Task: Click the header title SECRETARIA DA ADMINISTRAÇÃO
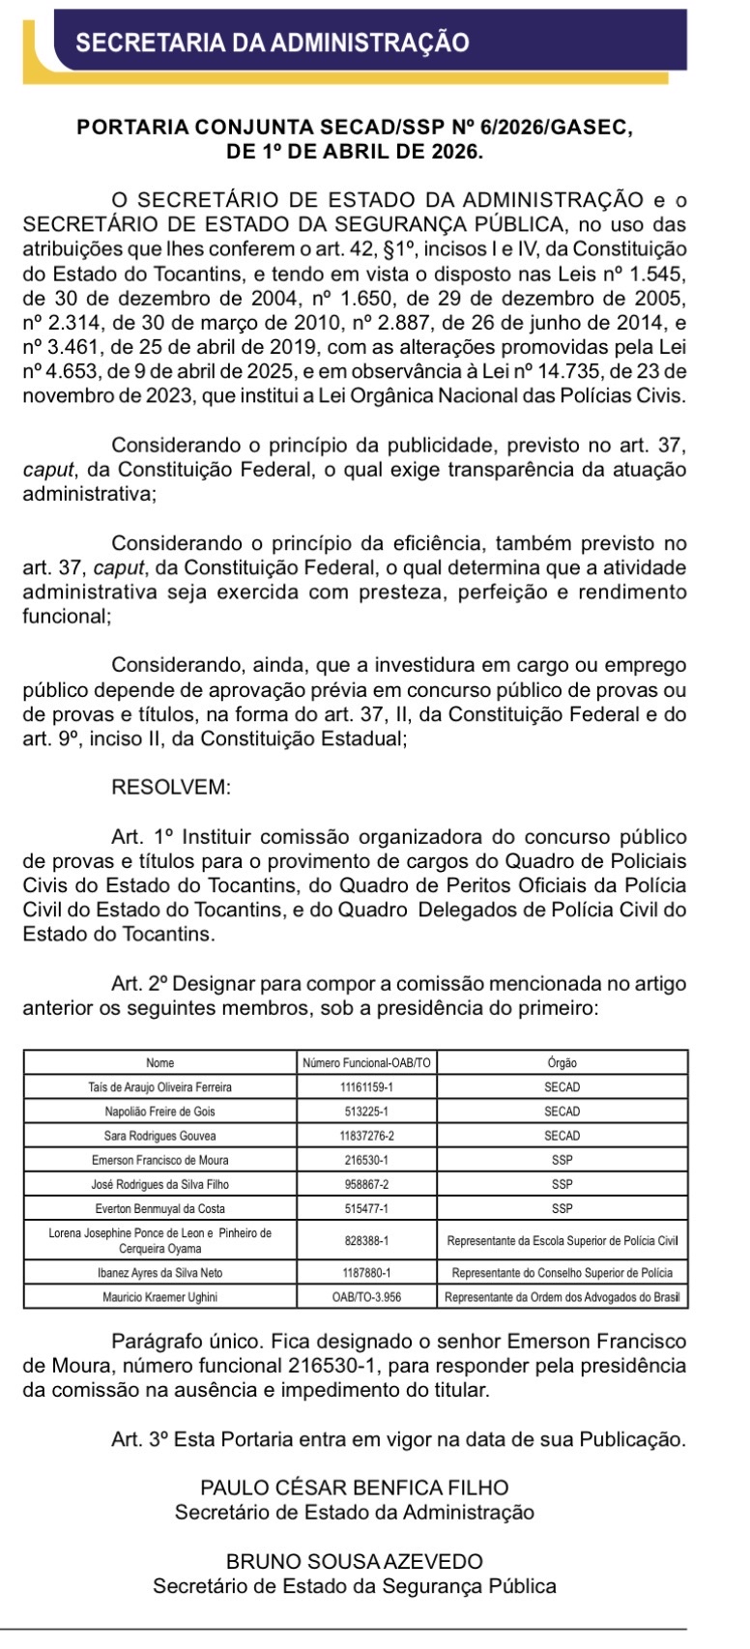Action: click(x=272, y=43)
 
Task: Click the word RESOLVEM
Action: click(x=171, y=788)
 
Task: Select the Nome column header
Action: click(x=160, y=1063)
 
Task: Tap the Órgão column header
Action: click(x=562, y=1063)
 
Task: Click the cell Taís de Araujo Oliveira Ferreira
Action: click(x=160, y=1087)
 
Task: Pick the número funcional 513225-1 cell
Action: click(x=366, y=1112)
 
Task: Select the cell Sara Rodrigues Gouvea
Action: click(x=160, y=1136)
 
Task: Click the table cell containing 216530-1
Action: click(x=366, y=1160)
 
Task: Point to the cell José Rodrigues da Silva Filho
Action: click(x=160, y=1184)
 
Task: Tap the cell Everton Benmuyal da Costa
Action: click(x=160, y=1208)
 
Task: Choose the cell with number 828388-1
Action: click(x=366, y=1240)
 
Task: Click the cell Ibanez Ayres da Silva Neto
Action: click(x=160, y=1273)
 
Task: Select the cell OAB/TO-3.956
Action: click(x=366, y=1297)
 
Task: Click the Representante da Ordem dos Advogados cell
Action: click(x=562, y=1297)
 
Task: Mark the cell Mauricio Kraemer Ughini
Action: click(x=160, y=1297)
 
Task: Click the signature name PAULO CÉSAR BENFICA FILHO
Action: click(x=354, y=1489)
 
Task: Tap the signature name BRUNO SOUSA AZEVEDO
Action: click(x=354, y=1562)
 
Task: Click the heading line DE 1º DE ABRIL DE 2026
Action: click(x=354, y=152)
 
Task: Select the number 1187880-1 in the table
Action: click(x=366, y=1273)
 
